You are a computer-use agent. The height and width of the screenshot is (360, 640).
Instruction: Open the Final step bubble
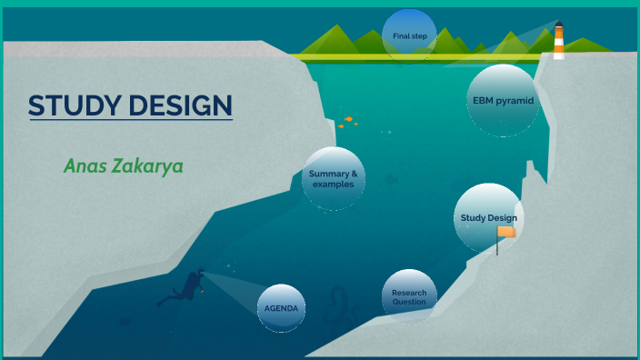pyautogui.click(x=409, y=36)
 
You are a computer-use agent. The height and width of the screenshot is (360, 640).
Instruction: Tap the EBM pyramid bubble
pyautogui.click(x=502, y=100)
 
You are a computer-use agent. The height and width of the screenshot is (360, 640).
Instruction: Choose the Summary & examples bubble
pyautogui.click(x=333, y=178)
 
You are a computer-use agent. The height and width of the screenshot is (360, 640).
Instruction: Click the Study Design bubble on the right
pyautogui.click(x=488, y=218)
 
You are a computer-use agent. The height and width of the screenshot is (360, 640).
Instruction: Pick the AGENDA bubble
pyautogui.click(x=282, y=309)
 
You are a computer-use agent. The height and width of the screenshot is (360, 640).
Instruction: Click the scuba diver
pyautogui.click(x=186, y=285)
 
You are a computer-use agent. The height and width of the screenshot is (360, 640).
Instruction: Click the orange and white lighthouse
pyautogui.click(x=559, y=42)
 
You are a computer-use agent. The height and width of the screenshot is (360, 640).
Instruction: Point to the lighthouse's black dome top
pyautogui.click(x=559, y=25)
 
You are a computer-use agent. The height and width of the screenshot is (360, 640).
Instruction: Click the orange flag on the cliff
pyautogui.click(x=506, y=233)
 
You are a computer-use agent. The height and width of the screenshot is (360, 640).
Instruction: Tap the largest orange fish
pyautogui.click(x=348, y=118)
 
